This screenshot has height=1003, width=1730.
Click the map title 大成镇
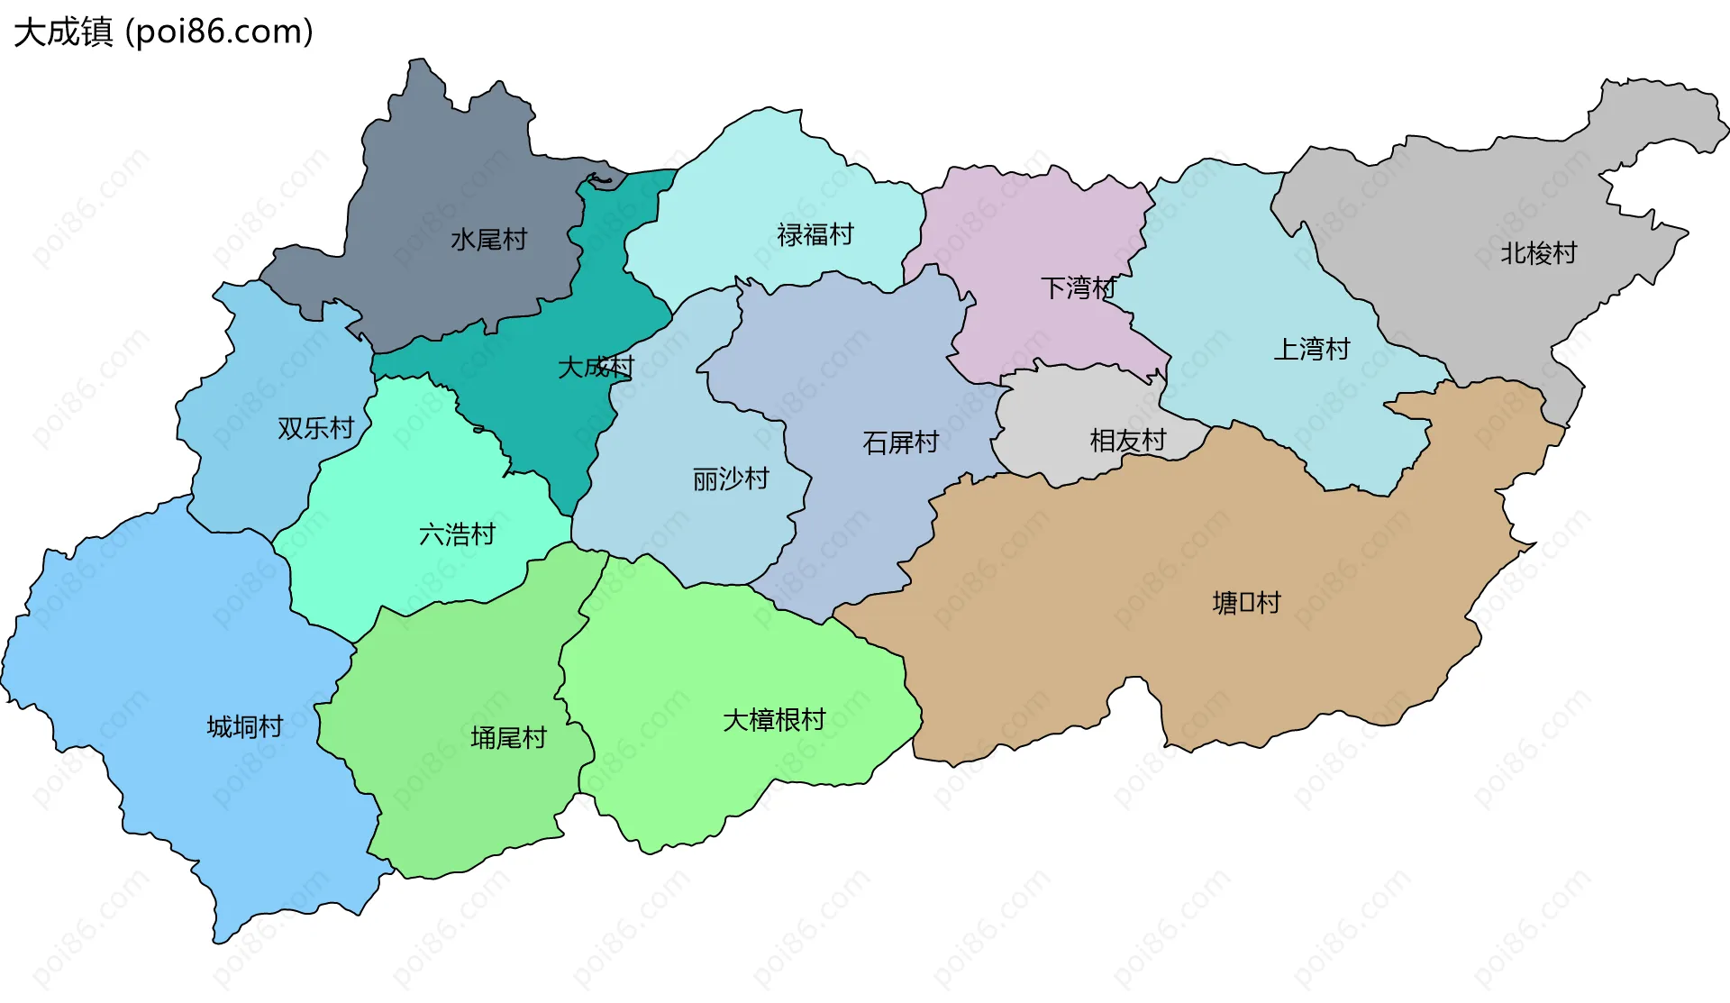click(x=63, y=32)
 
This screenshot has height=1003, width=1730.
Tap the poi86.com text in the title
click(x=219, y=32)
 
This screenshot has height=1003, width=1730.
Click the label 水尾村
click(x=488, y=240)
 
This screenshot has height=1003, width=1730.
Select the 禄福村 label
click(x=815, y=235)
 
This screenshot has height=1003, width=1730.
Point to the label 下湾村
click(x=1079, y=288)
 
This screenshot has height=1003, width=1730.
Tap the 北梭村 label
click(x=1538, y=253)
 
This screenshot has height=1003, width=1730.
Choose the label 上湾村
click(x=1311, y=349)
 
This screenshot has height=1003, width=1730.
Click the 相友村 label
click(x=1127, y=441)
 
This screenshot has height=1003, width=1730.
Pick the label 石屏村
click(x=900, y=442)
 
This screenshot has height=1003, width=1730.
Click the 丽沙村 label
click(x=731, y=479)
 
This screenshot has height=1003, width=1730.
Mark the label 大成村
click(x=596, y=368)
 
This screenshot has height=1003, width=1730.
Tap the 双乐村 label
click(x=315, y=428)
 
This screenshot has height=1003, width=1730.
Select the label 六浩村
click(x=457, y=535)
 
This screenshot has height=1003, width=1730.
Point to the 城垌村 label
click(x=245, y=726)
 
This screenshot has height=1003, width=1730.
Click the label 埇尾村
click(x=508, y=738)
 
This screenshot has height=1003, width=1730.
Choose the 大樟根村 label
click(x=774, y=720)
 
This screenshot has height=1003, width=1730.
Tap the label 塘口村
click(x=1246, y=603)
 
